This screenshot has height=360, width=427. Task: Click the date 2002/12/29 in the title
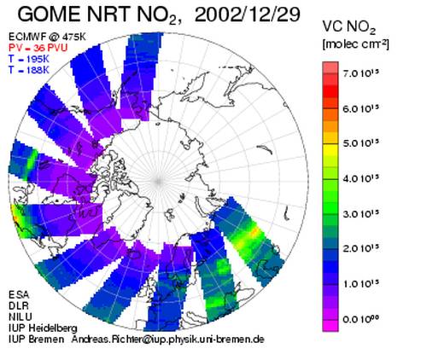(247, 14)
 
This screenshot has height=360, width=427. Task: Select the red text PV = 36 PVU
(38, 48)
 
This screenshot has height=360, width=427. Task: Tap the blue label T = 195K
(29, 59)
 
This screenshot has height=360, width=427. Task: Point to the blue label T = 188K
(29, 70)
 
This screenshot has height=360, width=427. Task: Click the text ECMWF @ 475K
(47, 37)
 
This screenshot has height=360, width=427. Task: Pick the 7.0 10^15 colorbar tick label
(361, 73)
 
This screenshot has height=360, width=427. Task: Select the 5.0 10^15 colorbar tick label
(361, 143)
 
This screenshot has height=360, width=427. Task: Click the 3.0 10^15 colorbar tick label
(361, 214)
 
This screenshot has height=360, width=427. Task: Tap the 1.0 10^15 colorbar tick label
(361, 284)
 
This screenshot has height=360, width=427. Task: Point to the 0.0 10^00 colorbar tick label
(361, 319)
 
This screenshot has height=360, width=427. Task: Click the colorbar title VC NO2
(349, 27)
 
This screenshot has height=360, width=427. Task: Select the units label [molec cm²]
(355, 44)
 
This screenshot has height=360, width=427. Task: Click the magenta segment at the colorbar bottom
(330, 326)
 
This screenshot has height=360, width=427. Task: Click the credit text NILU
(20, 316)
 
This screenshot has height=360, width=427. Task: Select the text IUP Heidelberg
(43, 328)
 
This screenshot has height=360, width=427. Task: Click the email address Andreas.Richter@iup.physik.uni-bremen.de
(168, 340)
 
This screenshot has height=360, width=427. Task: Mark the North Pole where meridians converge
(158, 181)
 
